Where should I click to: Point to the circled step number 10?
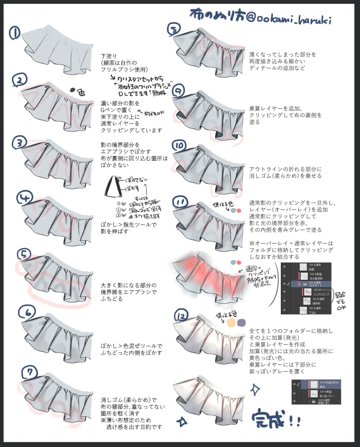point(179,146)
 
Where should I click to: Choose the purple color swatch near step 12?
point(241,322)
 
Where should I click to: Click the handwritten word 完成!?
point(275,419)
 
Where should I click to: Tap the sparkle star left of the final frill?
point(182,421)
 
